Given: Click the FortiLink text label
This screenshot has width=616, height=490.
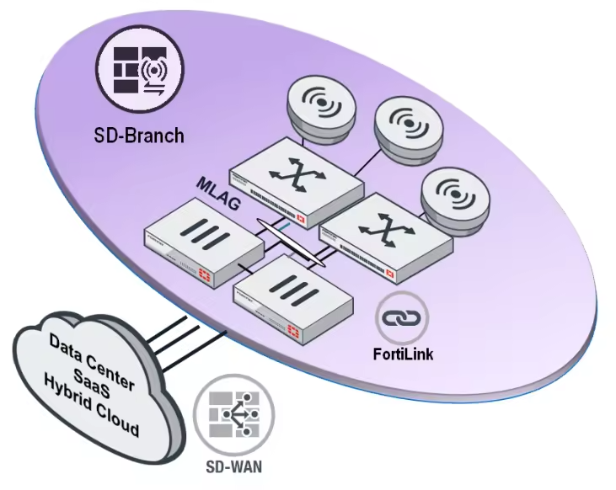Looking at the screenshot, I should [x=403, y=354].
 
